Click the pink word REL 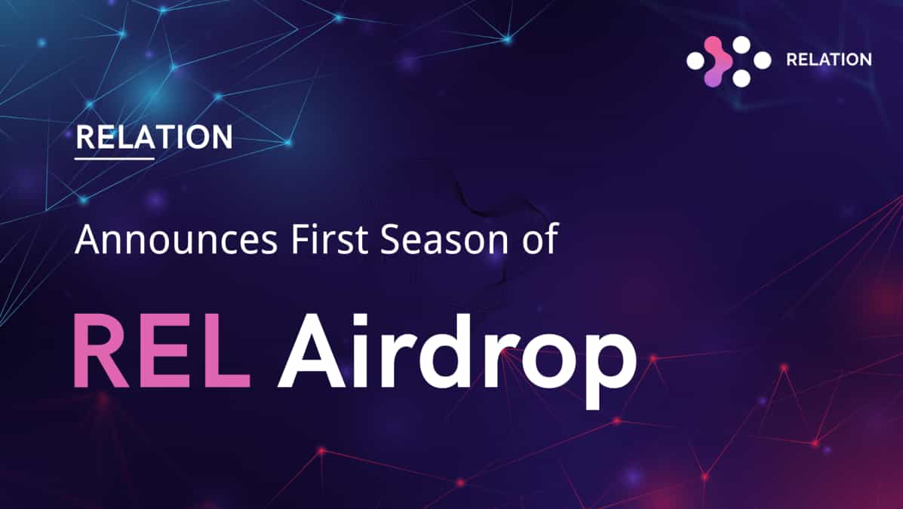point(161,352)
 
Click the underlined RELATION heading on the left point(154,138)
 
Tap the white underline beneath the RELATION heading point(115,158)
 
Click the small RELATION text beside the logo point(828,60)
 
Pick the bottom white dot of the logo point(742,78)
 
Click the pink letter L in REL point(226,352)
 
